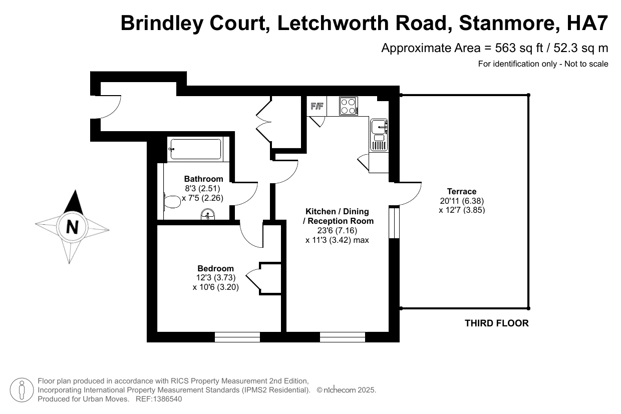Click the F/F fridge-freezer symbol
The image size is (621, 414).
(x=317, y=106)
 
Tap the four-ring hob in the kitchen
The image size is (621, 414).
(x=349, y=106)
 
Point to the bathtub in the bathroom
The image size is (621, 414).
(x=195, y=149)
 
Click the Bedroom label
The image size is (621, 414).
(x=215, y=268)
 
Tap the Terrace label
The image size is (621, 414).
(x=462, y=191)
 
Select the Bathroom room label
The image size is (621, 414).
(x=203, y=179)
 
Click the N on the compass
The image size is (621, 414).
(x=73, y=227)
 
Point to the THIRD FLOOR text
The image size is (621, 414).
(x=496, y=323)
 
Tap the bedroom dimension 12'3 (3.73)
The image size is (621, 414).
(x=215, y=278)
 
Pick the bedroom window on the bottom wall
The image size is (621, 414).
(x=237, y=337)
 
